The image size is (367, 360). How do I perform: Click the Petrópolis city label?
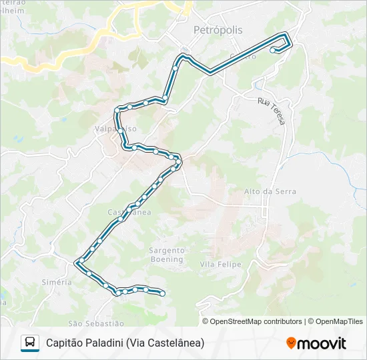coord(218,30)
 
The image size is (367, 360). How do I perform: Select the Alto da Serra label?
coord(261,191)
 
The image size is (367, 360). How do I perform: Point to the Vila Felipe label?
coord(220,265)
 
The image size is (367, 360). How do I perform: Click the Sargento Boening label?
coord(166,255)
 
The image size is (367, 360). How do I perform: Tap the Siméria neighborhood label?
coord(57,282)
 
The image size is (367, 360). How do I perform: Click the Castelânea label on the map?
coord(129,212)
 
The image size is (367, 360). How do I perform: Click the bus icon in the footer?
coord(29,343)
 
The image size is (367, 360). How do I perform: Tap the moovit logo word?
coord(322,343)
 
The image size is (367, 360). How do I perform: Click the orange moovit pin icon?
coord(291,343)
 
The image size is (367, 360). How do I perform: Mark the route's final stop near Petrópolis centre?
coord(272,49)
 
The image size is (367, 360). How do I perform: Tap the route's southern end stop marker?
coord(162,293)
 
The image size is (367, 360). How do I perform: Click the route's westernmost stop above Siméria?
coord(79,261)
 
